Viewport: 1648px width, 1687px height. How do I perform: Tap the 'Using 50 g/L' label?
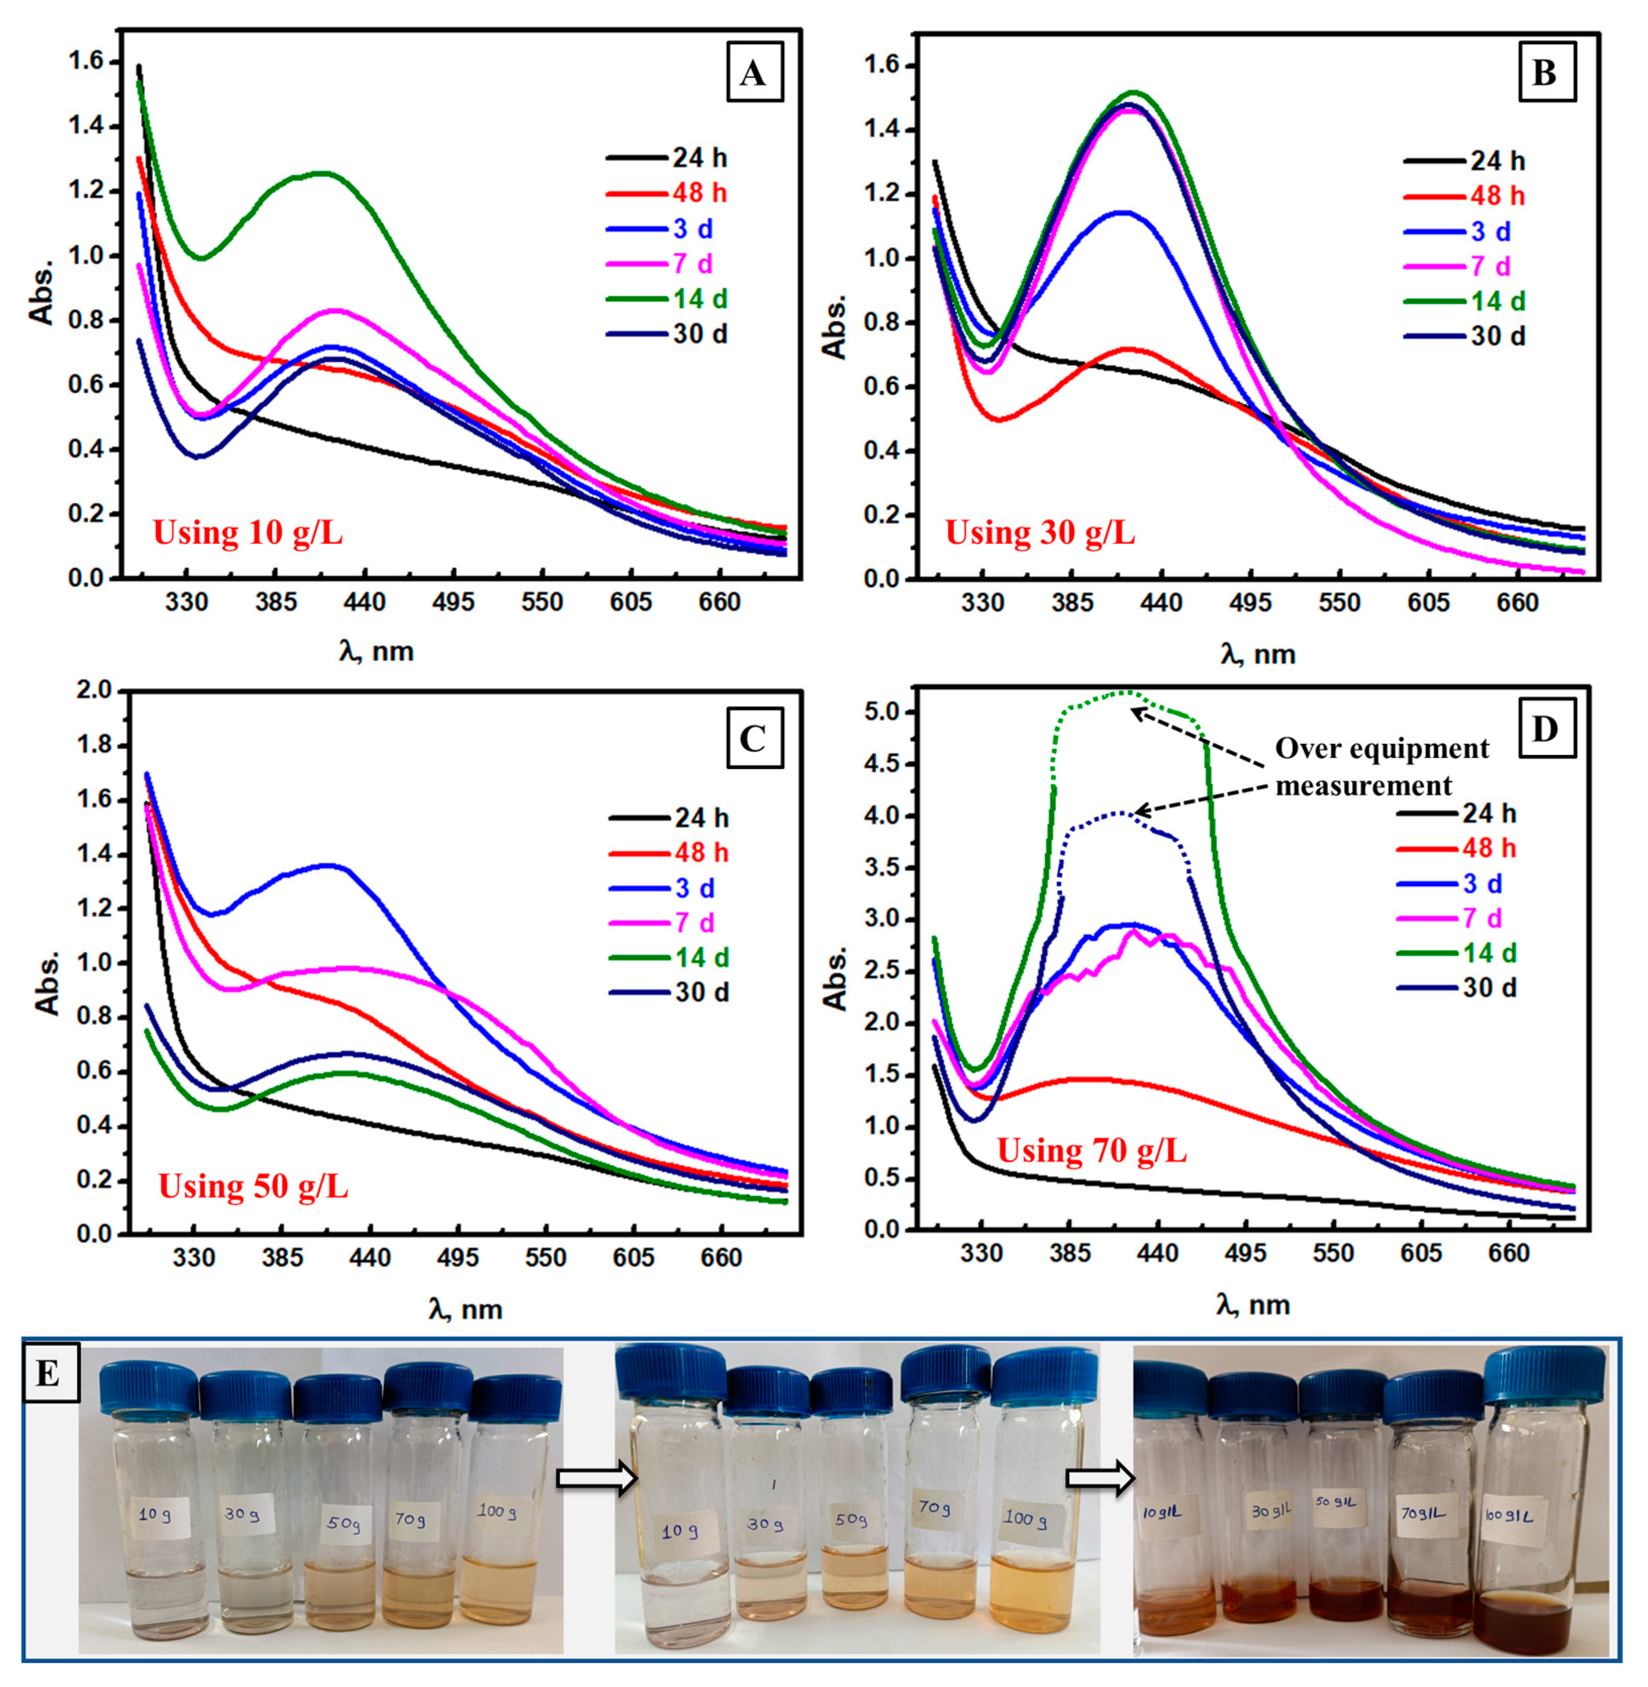click(x=254, y=1185)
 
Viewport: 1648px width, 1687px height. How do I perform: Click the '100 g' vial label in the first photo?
click(x=497, y=1511)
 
